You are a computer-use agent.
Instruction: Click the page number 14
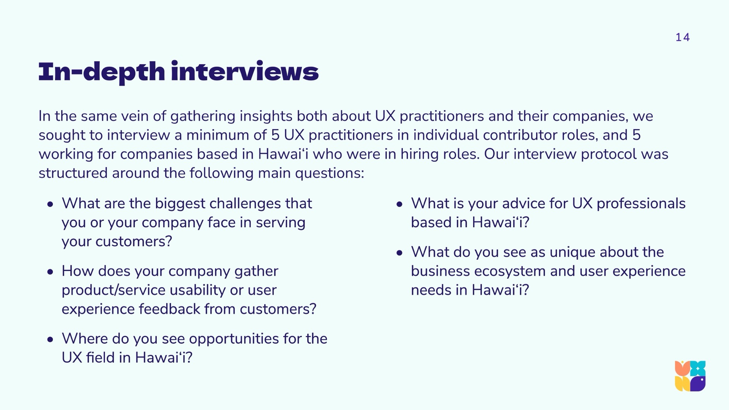point(682,37)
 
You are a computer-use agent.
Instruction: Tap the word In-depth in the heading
point(102,73)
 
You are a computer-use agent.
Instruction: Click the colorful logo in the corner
point(690,376)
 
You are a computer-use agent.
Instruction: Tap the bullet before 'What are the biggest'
point(50,204)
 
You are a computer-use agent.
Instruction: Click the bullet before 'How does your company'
point(50,272)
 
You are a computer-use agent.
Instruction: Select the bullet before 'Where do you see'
point(50,339)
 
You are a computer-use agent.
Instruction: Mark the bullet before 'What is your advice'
point(399,204)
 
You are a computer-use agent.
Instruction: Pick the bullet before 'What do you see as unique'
point(399,253)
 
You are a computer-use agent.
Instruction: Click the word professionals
point(641,204)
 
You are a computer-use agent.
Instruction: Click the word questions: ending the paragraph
point(330,173)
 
